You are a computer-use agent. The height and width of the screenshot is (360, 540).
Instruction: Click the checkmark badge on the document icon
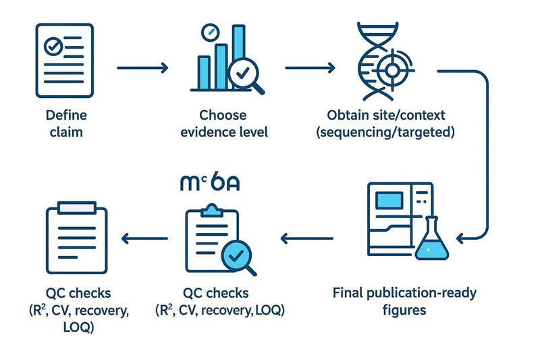[53, 47]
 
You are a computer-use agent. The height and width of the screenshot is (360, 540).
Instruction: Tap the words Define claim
[66, 123]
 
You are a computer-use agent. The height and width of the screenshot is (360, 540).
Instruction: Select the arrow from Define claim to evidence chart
[142, 68]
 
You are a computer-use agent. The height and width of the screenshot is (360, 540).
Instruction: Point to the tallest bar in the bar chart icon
[238, 54]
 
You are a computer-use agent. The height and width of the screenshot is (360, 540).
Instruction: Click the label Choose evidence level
[223, 123]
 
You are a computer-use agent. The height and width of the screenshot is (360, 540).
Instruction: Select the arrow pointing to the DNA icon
[310, 68]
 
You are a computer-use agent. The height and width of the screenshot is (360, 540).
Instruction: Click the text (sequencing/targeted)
[385, 132]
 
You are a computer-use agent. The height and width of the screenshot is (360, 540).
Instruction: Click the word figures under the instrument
[404, 310]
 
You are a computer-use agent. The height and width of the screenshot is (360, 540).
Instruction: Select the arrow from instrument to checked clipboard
[307, 237]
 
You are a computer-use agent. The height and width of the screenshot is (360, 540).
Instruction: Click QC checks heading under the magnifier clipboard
[215, 294]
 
